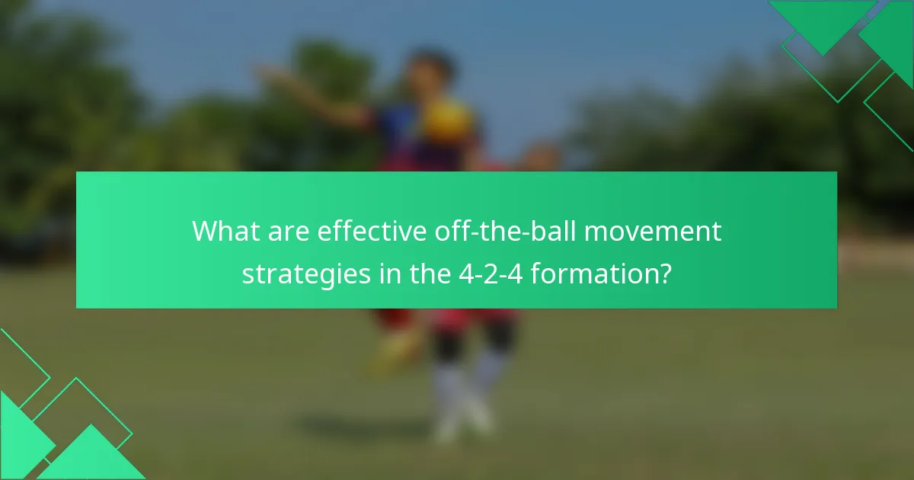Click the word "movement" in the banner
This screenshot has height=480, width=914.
tap(652, 231)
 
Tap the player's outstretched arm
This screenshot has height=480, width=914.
tap(312, 91)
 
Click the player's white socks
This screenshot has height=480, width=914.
tap(465, 396)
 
